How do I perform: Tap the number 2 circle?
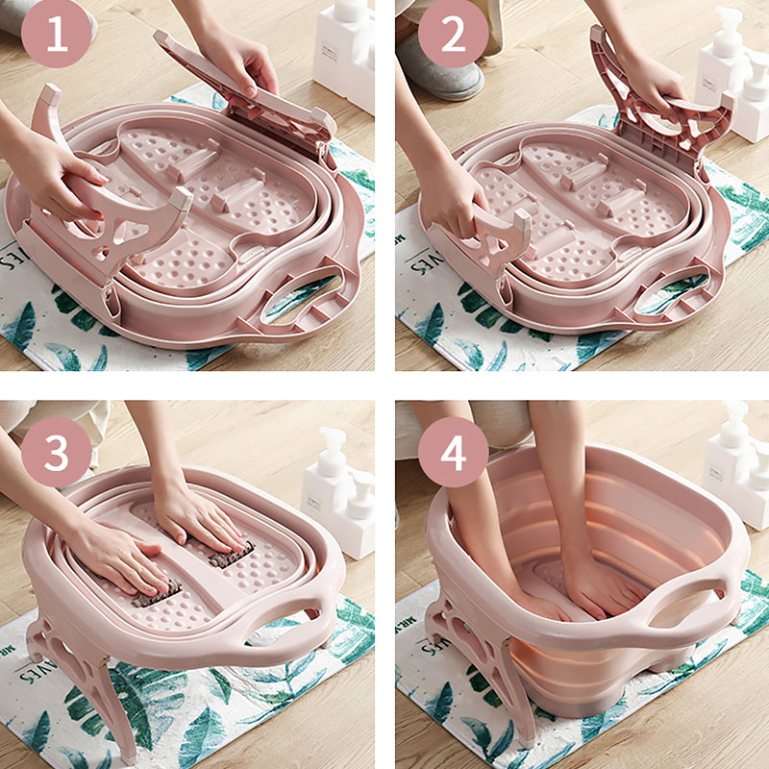pyautogui.click(x=451, y=37)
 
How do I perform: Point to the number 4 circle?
pyautogui.click(x=451, y=451)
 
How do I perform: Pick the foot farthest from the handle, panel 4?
pyautogui.click(x=514, y=596)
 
